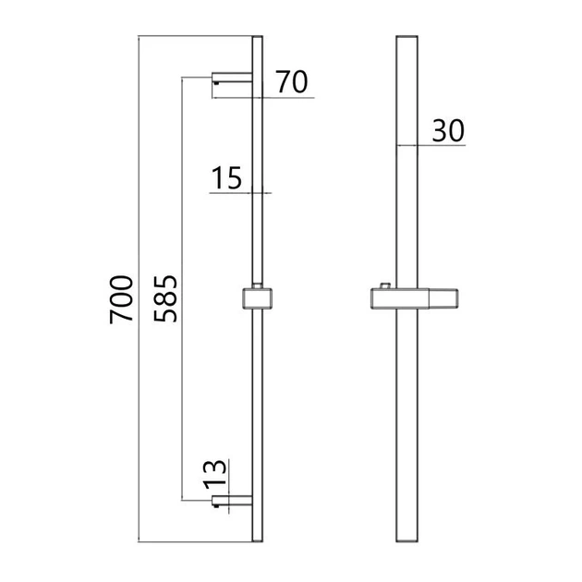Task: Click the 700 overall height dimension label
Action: (x=121, y=299)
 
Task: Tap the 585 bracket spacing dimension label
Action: (x=165, y=298)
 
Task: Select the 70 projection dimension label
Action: (x=292, y=81)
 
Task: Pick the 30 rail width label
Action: (x=448, y=130)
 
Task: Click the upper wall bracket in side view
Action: (x=232, y=78)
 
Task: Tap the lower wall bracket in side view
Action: (x=232, y=501)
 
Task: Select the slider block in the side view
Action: (x=257, y=298)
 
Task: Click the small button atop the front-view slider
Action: (x=384, y=285)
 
